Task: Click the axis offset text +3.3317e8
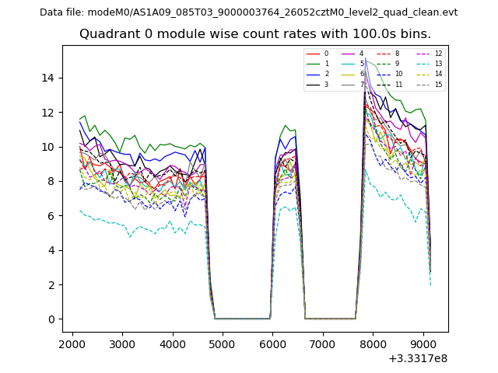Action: (x=417, y=357)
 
